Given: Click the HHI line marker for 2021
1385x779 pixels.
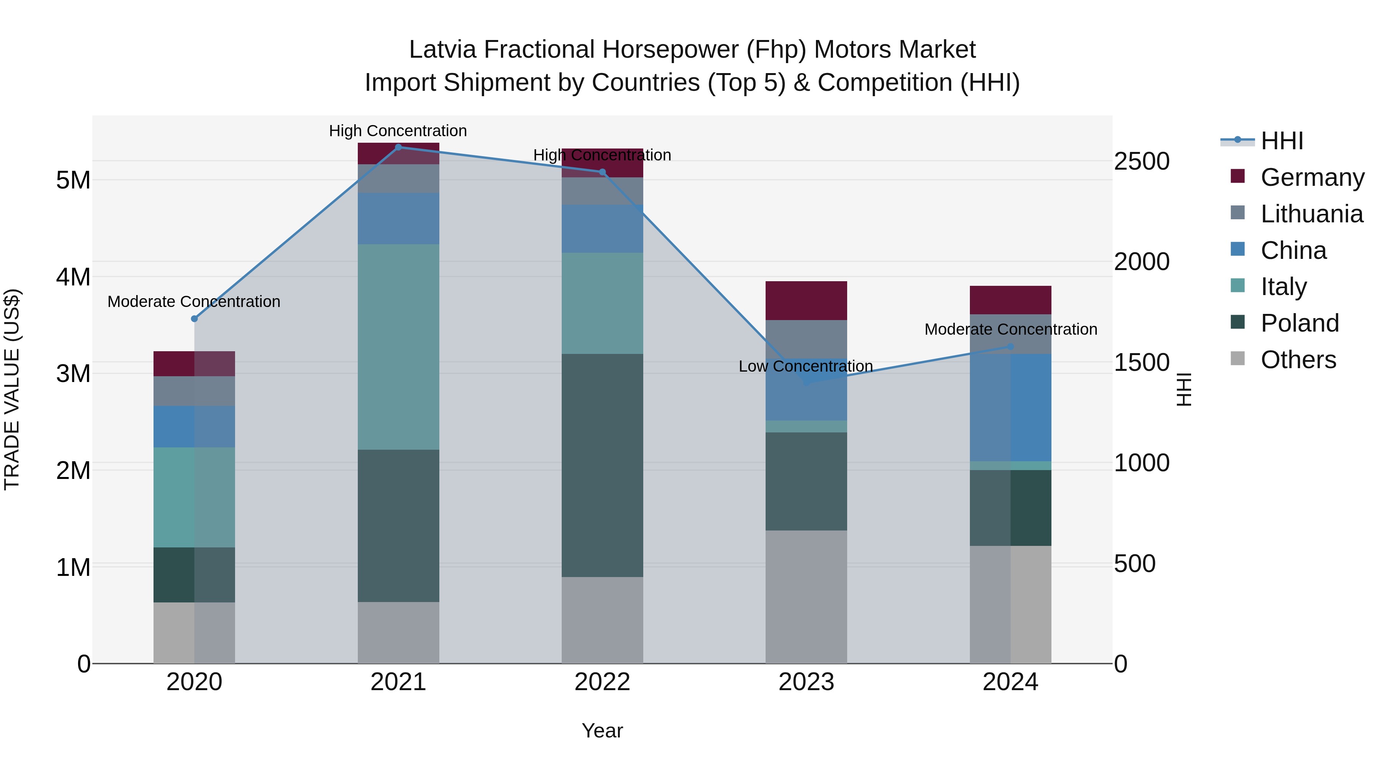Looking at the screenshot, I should click(399, 147).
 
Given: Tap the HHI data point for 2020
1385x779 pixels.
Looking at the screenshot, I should click(195, 319).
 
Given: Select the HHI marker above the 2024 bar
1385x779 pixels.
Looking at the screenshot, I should click(1010, 347).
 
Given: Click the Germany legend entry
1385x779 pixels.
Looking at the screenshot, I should click(1312, 177).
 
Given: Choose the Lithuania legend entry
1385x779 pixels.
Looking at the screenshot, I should click(1312, 214).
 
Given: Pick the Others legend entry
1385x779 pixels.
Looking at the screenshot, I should click(1298, 360).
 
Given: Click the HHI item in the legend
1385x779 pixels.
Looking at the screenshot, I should click(1282, 141).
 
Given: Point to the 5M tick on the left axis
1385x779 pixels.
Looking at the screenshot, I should click(73, 180).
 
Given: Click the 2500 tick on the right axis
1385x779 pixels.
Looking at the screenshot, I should click(1141, 161).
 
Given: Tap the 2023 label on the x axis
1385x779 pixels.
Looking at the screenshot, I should click(806, 682).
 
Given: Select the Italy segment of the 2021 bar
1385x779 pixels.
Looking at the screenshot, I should click(399, 347).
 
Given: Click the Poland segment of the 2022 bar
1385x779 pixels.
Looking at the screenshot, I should click(602, 465).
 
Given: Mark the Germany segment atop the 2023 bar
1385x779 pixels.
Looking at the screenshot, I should click(806, 300).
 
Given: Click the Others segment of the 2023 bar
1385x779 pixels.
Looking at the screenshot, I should click(806, 597).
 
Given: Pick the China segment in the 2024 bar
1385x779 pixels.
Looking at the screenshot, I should click(1010, 407).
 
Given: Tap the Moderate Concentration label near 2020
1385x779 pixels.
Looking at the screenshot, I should click(194, 302).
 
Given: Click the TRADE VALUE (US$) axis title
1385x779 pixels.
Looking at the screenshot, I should click(12, 389).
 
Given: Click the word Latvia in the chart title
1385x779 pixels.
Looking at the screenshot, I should click(442, 50).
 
